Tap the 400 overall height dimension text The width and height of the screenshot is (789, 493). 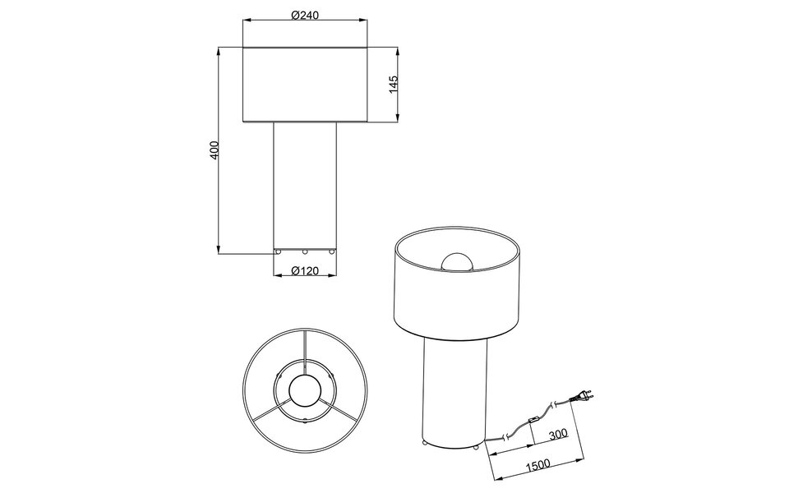pos(214,150)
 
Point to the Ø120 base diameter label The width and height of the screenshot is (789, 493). pos(305,272)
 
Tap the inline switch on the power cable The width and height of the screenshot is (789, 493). pos(533,423)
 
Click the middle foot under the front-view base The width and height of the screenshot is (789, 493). pos(305,251)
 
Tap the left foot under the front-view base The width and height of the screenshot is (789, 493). pos(278,251)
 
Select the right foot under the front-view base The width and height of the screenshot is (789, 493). pos(332,251)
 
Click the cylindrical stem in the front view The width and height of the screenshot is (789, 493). pos(305,185)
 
